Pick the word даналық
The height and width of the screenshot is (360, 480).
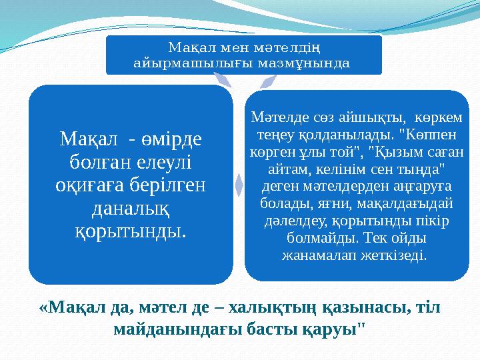point(130,209)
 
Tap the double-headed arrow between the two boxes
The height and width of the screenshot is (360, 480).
point(239,181)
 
